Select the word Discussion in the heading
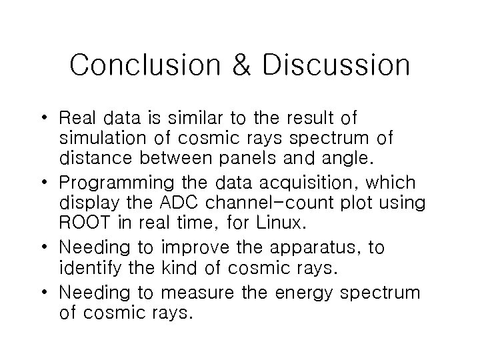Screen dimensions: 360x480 click(336, 65)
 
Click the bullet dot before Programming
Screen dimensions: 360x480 click(50, 183)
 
